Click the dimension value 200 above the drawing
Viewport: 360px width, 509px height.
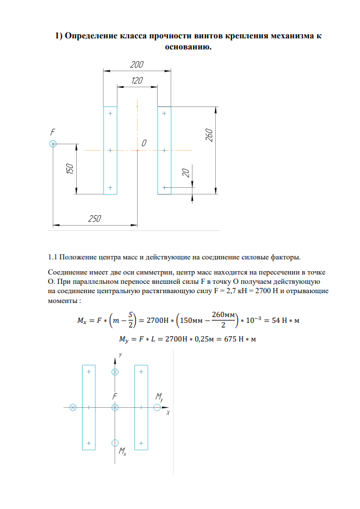point(137,65)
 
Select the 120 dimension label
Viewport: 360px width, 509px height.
point(137,80)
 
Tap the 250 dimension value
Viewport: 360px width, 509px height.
point(95,219)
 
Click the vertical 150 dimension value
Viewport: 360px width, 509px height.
point(70,169)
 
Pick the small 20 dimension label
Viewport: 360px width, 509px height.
point(186,173)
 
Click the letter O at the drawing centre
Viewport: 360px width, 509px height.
point(143,143)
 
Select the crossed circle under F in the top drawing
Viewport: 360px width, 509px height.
point(53,144)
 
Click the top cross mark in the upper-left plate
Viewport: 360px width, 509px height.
point(110,113)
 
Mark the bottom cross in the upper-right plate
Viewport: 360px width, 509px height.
point(165,187)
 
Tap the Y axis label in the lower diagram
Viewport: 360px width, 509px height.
point(120,354)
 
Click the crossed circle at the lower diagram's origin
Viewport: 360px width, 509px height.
point(115,407)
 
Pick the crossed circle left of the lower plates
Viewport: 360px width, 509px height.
point(73,407)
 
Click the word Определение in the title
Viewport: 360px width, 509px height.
point(91,36)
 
